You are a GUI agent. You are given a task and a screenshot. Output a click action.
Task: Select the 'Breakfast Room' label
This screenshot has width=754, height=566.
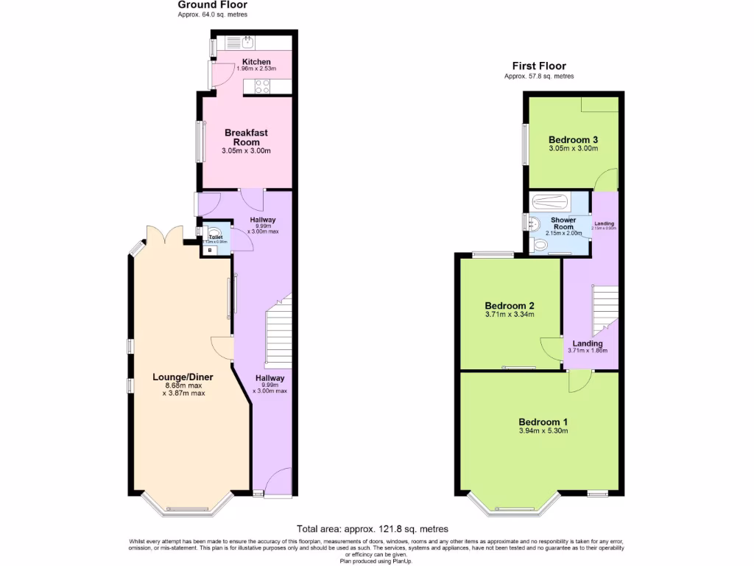[x=246, y=137]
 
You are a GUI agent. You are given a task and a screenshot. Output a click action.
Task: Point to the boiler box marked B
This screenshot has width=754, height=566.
[x=210, y=251]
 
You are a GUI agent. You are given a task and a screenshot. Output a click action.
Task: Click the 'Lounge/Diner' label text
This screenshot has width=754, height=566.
[x=183, y=377]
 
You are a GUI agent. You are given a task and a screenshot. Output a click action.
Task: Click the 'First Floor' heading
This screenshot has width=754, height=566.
[x=539, y=66]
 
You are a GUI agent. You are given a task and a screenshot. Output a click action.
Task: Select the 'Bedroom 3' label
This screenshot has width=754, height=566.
[x=573, y=140]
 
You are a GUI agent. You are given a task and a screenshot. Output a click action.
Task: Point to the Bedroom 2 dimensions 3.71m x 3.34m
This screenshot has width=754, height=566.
[x=509, y=315]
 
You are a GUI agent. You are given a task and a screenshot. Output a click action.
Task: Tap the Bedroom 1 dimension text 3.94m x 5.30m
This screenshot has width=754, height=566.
[x=543, y=431]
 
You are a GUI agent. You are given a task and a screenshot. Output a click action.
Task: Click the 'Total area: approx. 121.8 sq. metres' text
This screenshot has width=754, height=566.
[x=372, y=528]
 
